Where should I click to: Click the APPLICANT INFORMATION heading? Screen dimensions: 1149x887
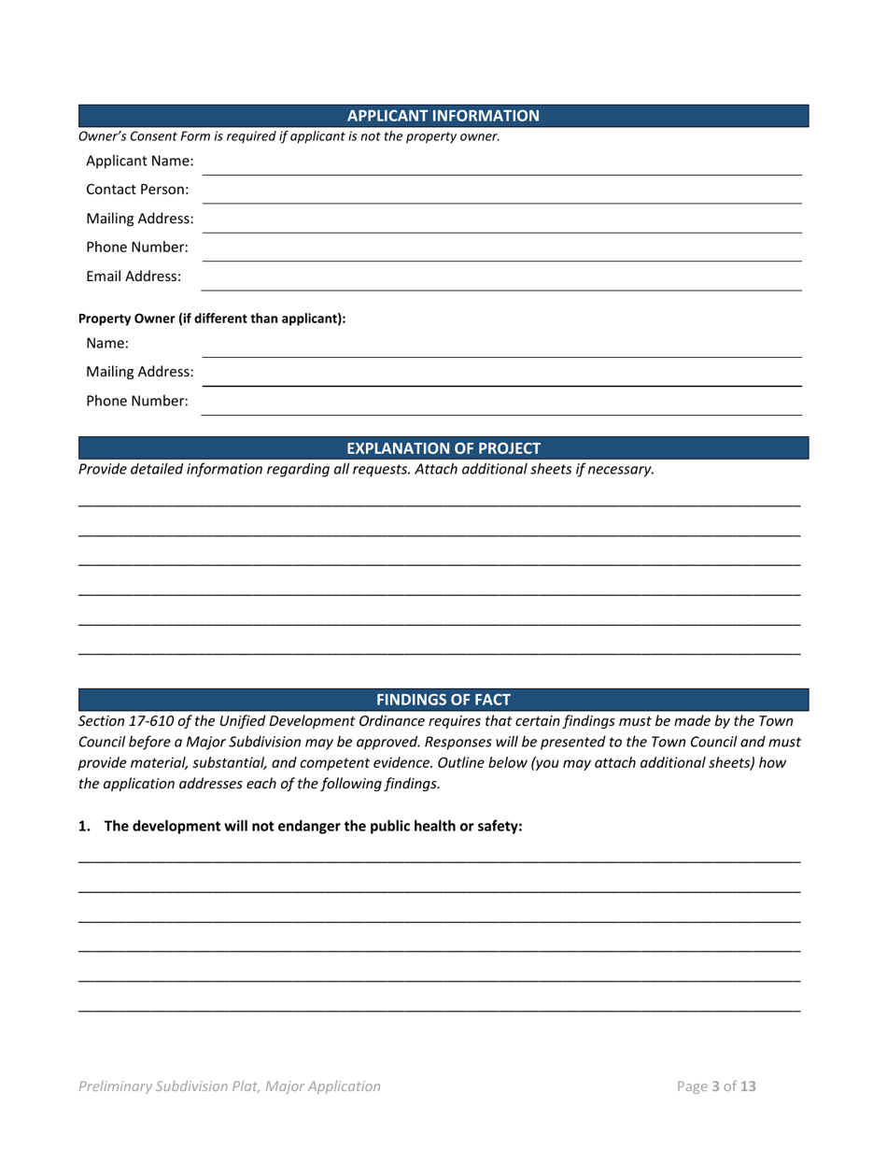[x=443, y=116]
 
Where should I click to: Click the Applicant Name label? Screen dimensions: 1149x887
[x=140, y=161]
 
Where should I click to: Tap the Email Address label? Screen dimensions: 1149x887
[x=134, y=277]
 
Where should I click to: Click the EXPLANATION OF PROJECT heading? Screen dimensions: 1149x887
[x=443, y=447]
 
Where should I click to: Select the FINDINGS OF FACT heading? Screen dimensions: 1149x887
[x=443, y=699]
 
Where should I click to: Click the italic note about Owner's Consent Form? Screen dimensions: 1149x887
[x=289, y=136]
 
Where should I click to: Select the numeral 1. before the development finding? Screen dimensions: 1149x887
[x=84, y=827]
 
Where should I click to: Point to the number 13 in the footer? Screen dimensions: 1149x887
[x=748, y=1086]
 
